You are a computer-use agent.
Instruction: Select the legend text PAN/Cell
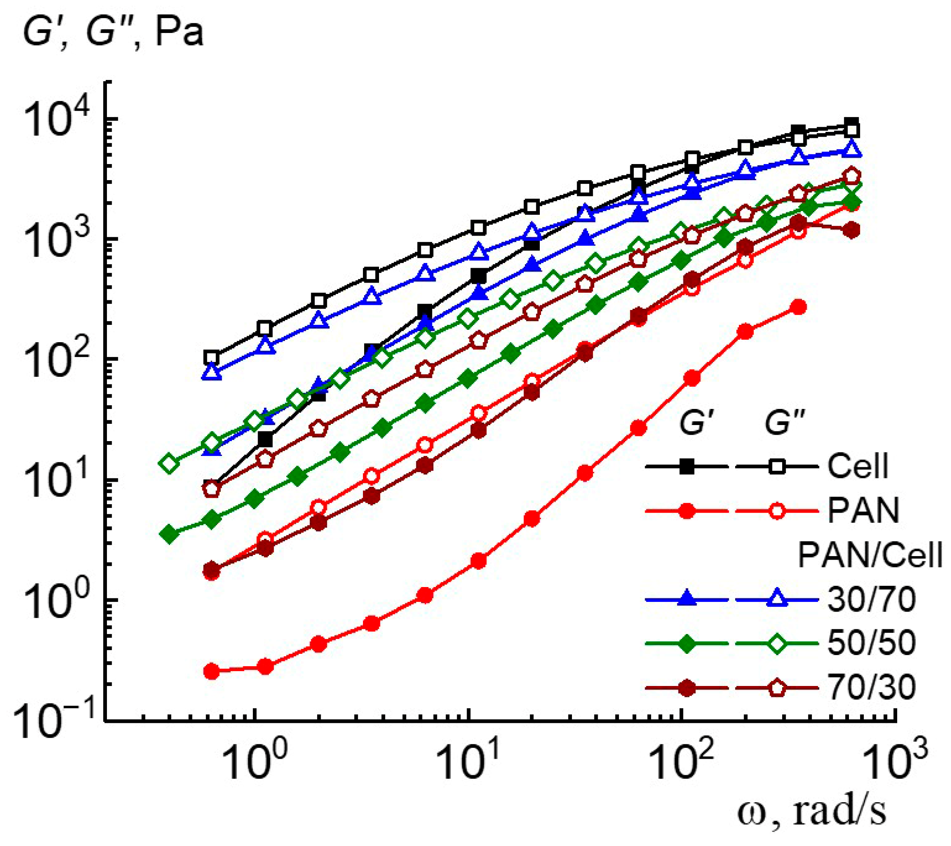[x=869, y=555]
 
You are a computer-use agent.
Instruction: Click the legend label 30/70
[x=871, y=600]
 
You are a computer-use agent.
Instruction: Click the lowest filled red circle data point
[x=212, y=671]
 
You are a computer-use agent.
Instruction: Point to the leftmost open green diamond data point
[x=169, y=463]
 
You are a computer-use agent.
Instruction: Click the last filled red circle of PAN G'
[x=798, y=307]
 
